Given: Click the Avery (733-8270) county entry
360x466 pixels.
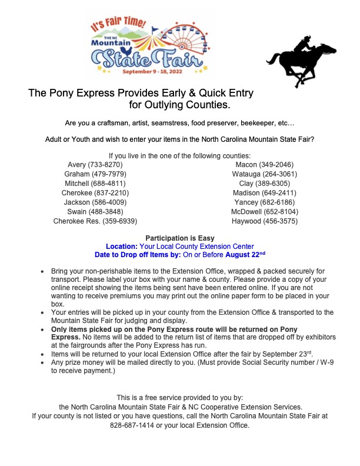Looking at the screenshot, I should pos(96,165).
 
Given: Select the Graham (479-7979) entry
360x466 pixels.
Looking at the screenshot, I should pos(95,174).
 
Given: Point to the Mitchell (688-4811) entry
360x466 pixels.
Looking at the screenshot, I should pos(95,184).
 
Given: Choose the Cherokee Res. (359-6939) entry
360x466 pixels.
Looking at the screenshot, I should pos(95,221).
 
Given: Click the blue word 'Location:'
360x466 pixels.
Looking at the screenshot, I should pos(122,247).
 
